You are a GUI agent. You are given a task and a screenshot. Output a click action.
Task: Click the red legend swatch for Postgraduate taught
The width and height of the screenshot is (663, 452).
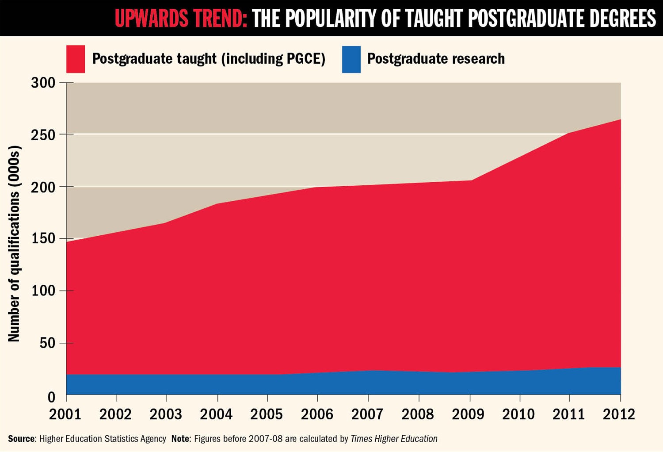(76, 59)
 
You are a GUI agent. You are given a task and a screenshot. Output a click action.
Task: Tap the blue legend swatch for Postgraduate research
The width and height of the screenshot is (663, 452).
(351, 59)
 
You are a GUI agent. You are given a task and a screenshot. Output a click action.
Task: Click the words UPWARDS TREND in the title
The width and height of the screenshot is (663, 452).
(181, 18)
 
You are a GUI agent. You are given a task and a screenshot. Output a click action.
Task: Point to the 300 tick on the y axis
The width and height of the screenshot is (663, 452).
(43, 83)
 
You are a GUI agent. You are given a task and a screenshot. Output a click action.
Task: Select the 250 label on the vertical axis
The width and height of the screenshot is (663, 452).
(43, 134)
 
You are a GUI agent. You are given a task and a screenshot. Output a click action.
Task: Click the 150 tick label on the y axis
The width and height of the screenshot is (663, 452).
(43, 238)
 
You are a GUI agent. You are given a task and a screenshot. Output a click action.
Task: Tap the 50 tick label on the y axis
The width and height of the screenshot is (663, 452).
(47, 343)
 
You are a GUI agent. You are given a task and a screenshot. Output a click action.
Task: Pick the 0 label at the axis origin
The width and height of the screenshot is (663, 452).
(51, 397)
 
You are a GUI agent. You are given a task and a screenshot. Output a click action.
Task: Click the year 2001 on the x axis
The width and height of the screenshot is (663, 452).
(65, 414)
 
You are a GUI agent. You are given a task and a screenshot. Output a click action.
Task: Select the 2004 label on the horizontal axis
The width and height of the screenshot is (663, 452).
(216, 414)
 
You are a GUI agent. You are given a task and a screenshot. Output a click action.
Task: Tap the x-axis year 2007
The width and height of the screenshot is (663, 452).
(367, 414)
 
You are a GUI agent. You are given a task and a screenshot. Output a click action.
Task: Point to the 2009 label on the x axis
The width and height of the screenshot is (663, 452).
(468, 414)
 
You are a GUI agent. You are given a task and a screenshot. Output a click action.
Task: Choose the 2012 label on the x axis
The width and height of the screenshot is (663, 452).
(619, 414)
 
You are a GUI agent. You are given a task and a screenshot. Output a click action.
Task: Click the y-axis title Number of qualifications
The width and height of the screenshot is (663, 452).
(14, 243)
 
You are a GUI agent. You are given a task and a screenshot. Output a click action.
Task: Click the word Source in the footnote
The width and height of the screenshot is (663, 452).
(21, 439)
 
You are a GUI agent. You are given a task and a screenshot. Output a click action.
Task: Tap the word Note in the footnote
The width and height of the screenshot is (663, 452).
(180, 439)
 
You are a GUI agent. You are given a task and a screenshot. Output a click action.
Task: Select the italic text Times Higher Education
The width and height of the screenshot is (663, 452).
(394, 439)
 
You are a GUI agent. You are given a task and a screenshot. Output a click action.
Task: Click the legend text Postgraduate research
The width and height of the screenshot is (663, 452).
(436, 59)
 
